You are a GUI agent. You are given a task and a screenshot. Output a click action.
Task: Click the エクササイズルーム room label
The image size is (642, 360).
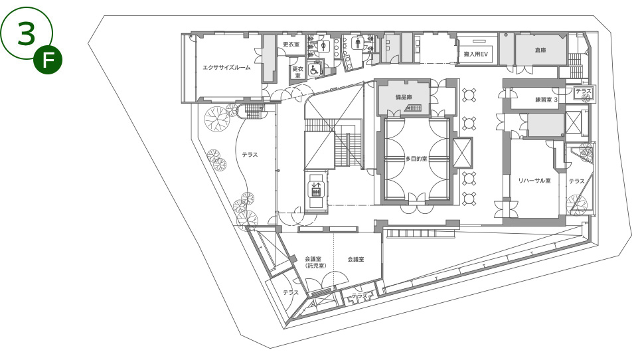tap(226, 68)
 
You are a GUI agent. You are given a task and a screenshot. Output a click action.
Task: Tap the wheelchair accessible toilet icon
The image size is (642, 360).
tap(314, 69)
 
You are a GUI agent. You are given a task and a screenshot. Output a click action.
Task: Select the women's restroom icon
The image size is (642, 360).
tap(324, 45)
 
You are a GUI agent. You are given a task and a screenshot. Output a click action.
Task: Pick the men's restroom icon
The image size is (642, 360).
tap(358, 43)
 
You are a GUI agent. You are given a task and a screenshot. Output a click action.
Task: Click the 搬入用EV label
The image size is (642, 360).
tap(475, 54)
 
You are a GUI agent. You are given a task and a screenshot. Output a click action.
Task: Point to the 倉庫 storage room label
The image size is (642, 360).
tap(540, 50)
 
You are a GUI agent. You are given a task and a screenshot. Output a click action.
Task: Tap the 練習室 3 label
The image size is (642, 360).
tap(546, 100)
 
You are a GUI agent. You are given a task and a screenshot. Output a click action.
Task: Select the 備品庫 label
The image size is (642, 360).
tap(403, 98)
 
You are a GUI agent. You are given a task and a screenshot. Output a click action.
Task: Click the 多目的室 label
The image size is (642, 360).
tap(416, 159)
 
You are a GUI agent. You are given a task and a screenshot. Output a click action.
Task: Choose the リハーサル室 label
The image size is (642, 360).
tap(534, 181)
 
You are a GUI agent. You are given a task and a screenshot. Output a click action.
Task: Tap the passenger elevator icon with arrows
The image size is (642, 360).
tap(316, 189)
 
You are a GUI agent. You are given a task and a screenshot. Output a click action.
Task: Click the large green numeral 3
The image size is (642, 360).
tap(26, 33)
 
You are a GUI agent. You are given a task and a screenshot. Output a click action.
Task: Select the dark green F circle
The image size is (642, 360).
tap(48, 60)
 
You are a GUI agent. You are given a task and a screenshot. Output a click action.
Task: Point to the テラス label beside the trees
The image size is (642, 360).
tap(250, 155)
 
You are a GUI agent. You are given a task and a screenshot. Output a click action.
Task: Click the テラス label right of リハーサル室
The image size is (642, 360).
tap(576, 181)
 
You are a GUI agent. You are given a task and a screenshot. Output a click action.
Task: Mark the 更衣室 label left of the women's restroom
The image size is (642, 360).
tap(291, 44)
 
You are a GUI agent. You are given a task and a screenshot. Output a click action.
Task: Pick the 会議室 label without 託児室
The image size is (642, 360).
tap(356, 259)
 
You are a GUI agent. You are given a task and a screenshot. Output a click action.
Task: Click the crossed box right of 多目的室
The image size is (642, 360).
tap(462, 152)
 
